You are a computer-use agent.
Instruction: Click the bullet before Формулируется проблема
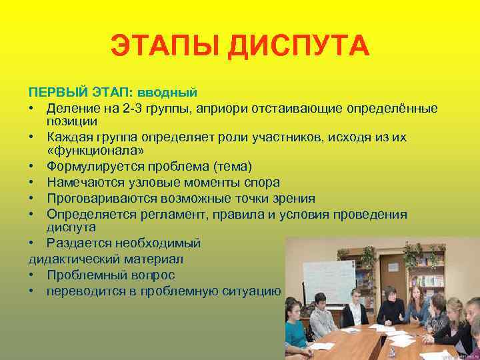pyautogui.click(x=32, y=166)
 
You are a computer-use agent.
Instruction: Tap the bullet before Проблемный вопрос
pyautogui.click(x=32, y=275)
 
